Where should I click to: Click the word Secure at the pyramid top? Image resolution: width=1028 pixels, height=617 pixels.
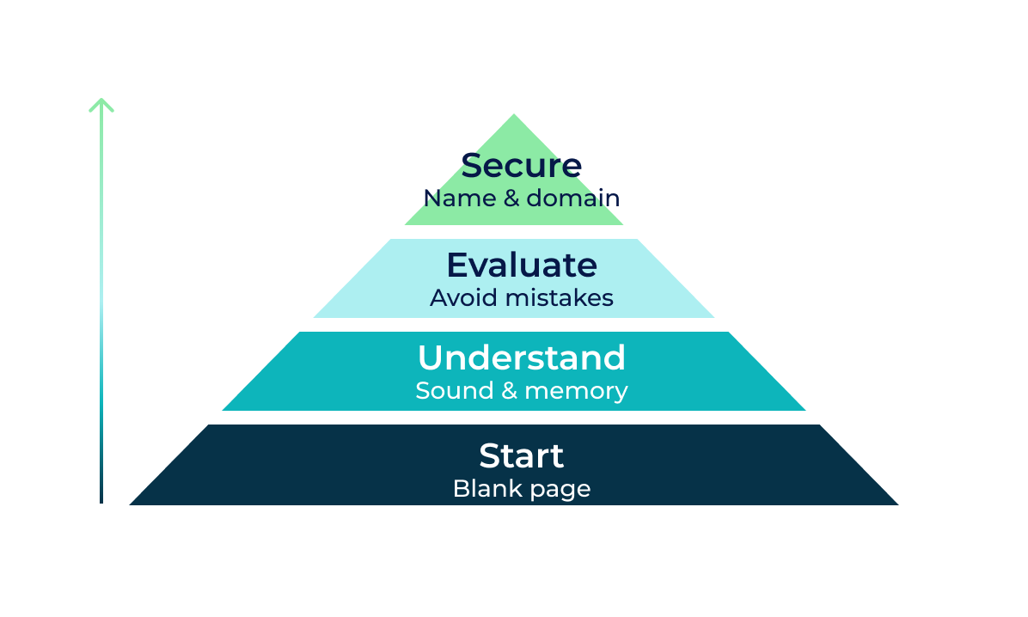click(521, 165)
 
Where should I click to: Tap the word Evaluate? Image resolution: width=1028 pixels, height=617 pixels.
click(522, 265)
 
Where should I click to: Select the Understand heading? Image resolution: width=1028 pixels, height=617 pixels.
click(522, 357)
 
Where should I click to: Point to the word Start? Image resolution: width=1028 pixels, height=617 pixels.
click(521, 455)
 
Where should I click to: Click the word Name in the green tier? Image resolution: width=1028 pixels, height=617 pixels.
click(460, 198)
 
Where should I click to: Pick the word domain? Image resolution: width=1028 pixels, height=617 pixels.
click(573, 198)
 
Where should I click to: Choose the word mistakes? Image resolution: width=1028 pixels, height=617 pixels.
click(560, 297)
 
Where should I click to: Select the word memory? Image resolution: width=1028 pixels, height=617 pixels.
click(576, 392)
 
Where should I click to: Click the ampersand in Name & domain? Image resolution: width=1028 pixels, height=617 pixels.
click(511, 198)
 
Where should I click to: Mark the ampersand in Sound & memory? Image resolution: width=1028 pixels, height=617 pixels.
click(510, 391)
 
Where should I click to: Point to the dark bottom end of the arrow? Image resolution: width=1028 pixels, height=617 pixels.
click(101, 502)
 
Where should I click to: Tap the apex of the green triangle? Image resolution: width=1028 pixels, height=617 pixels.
click(514, 115)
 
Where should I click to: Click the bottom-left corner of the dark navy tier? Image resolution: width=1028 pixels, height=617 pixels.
click(130, 504)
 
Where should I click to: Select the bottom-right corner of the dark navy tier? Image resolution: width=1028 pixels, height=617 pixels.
click(898, 504)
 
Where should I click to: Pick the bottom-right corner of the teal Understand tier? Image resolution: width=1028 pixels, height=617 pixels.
click(805, 410)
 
